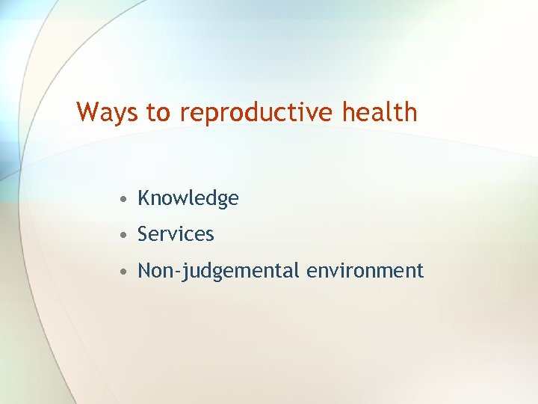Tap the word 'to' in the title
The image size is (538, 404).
[x=158, y=112]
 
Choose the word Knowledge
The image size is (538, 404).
[x=188, y=198]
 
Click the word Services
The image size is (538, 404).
[x=176, y=234]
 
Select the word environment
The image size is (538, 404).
[x=365, y=270]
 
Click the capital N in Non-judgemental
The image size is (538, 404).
[x=144, y=270]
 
